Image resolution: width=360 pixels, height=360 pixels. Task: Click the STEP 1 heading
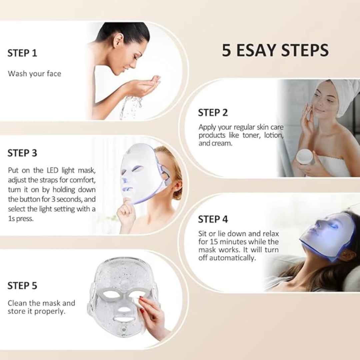click(22, 53)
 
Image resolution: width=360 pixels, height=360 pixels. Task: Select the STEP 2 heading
click(213, 113)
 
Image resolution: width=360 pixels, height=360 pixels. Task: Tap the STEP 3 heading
click(22, 153)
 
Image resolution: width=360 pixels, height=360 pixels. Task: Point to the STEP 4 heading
click(213, 219)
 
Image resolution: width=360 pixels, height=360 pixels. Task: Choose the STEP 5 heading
click(22, 286)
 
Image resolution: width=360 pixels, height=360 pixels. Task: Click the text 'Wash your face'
click(34, 74)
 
